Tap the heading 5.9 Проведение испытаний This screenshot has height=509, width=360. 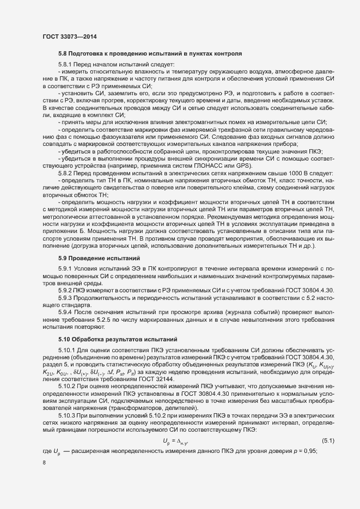coord(99,257)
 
